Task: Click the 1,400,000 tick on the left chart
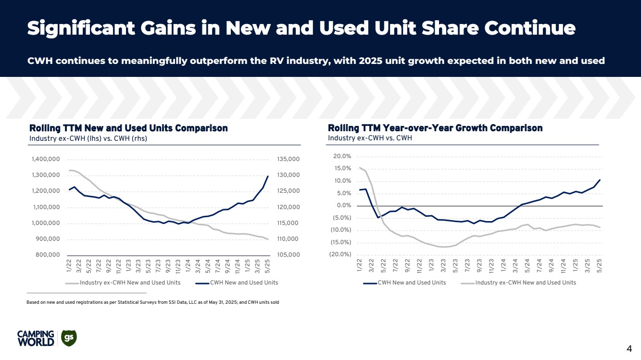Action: [x=46, y=159]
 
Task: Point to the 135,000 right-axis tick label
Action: [x=289, y=159]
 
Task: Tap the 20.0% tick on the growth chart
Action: [x=341, y=157]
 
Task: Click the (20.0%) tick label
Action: [x=340, y=255]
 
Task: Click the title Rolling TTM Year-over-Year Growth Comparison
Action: [x=435, y=128]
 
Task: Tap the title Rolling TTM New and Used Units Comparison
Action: [x=128, y=128]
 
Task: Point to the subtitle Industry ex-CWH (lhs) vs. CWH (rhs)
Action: [x=88, y=138]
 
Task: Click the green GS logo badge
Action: [x=69, y=338]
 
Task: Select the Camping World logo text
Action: [x=35, y=338]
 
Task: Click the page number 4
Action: [x=629, y=348]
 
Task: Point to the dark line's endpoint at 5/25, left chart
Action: [x=268, y=176]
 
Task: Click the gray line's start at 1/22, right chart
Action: [x=359, y=168]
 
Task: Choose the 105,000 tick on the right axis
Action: [x=289, y=255]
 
